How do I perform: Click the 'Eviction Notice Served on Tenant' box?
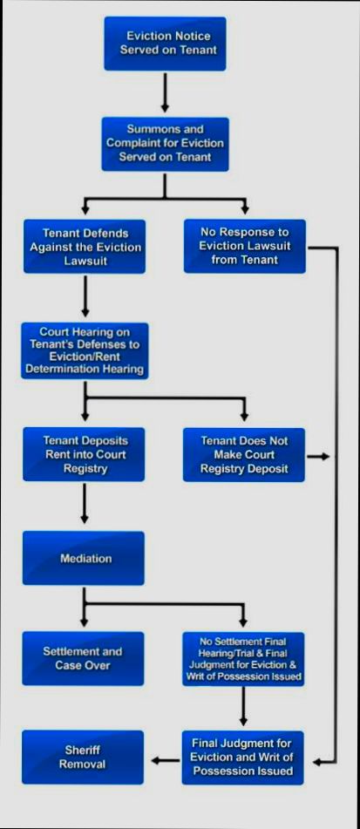tap(165, 44)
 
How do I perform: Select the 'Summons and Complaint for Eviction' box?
tap(165, 144)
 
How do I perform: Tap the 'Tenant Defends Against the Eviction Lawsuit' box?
tap(85, 247)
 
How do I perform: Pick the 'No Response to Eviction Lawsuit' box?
tap(244, 247)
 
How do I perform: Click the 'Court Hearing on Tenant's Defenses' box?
tap(85, 351)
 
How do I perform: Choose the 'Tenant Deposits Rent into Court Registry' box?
tap(85, 454)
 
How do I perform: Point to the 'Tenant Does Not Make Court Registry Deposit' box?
tap(244, 454)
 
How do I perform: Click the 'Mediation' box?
tap(85, 558)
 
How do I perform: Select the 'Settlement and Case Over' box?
tap(83, 658)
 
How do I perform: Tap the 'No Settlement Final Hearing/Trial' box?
tap(244, 658)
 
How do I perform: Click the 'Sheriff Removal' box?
tap(82, 757)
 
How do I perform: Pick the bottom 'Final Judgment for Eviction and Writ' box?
tap(243, 757)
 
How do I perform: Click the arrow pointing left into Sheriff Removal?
tap(164, 760)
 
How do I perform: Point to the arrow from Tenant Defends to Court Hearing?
tap(85, 297)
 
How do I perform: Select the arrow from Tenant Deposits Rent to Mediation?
tap(85, 504)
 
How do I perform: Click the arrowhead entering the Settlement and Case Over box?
tap(85, 621)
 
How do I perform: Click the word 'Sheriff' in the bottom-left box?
tap(82, 749)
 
